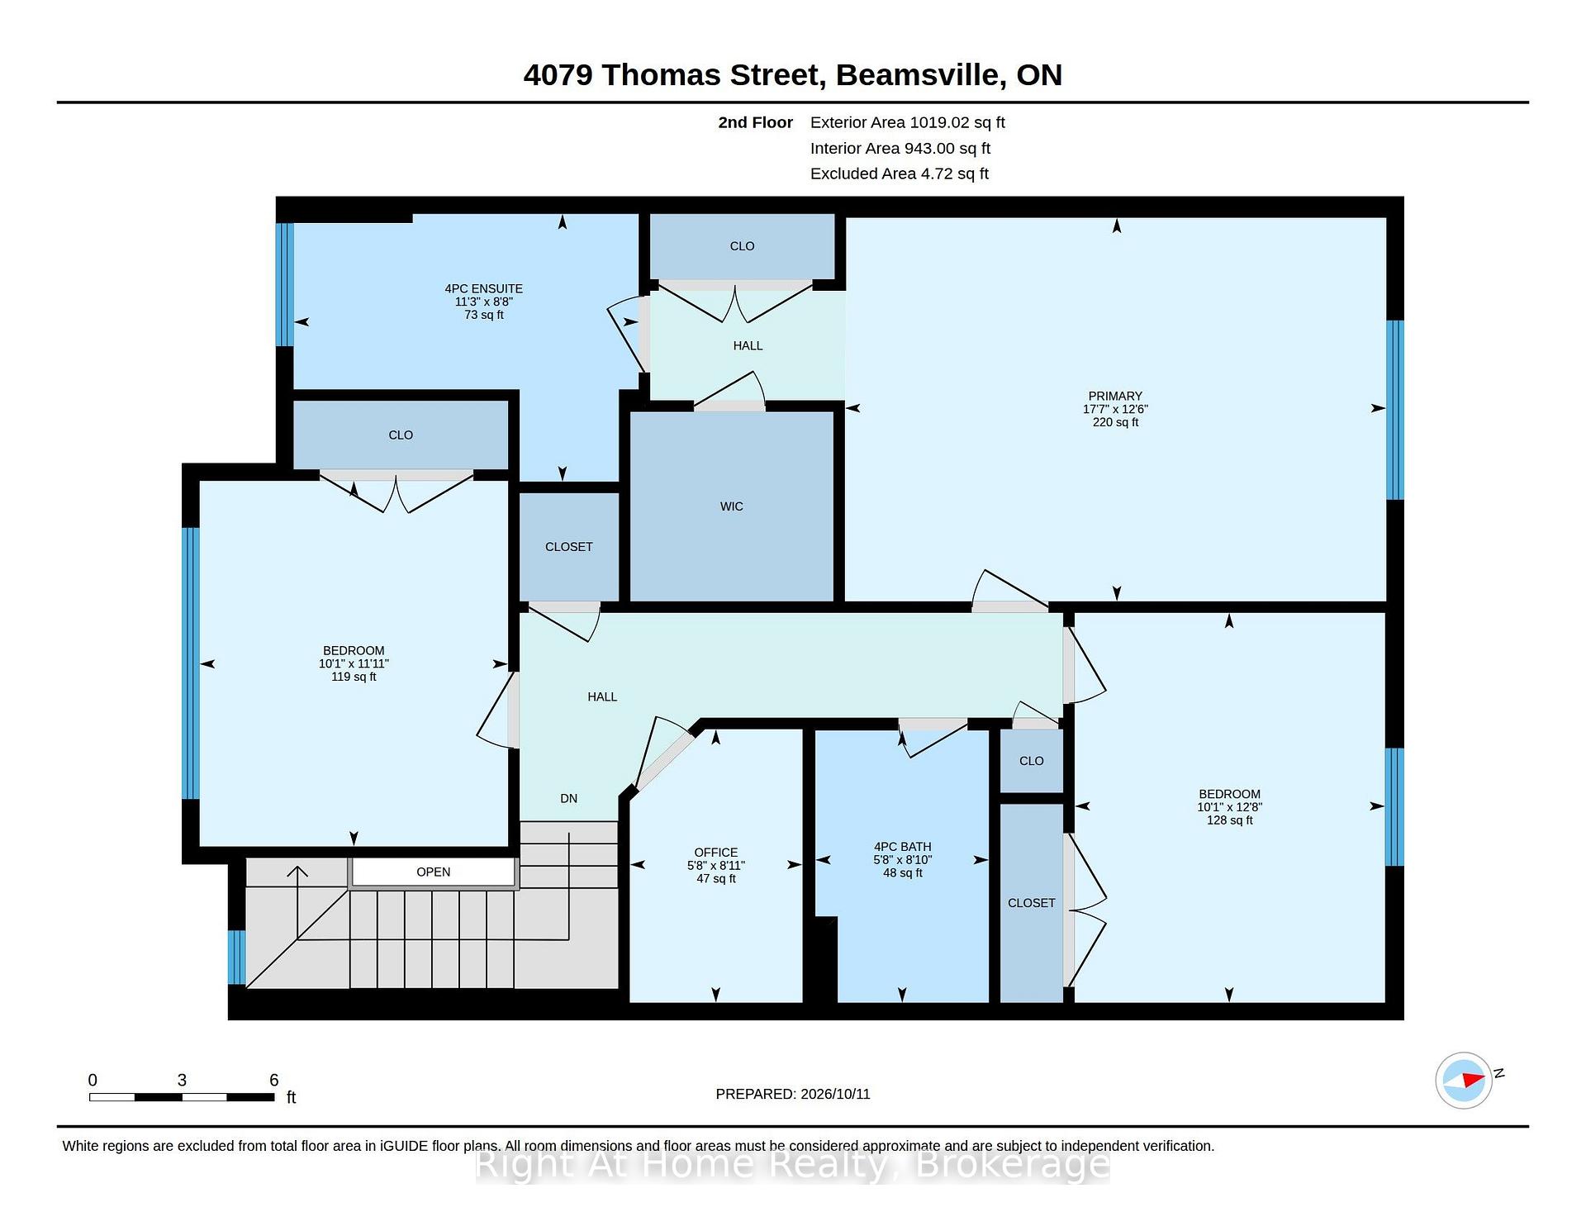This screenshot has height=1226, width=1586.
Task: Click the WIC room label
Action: tap(731, 506)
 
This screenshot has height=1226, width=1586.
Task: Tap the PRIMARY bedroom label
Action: tap(1115, 396)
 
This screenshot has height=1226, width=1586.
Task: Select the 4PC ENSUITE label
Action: tap(484, 288)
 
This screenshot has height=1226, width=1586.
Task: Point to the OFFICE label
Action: tap(716, 852)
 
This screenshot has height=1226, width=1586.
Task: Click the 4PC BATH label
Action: tap(903, 846)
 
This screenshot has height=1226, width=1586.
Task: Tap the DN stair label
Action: tap(568, 798)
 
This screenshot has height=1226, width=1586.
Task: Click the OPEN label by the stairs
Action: tap(434, 872)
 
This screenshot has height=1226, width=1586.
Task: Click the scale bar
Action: tap(182, 1097)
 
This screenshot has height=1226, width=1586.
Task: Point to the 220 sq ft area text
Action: tap(1115, 422)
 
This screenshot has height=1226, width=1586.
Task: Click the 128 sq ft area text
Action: tap(1229, 820)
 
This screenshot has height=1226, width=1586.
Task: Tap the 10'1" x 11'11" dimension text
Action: tap(354, 663)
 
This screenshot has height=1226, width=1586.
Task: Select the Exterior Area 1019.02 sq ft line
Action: tap(908, 122)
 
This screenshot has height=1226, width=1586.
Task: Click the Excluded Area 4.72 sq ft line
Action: tap(900, 173)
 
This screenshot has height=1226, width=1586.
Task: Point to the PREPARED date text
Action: tap(793, 1094)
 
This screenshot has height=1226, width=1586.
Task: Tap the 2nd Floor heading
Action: tap(755, 122)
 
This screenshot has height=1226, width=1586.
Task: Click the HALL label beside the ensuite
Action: tap(748, 345)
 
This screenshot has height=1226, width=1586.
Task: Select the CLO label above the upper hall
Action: tap(742, 245)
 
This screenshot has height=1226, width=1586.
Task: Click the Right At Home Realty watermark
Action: tap(793, 1165)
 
